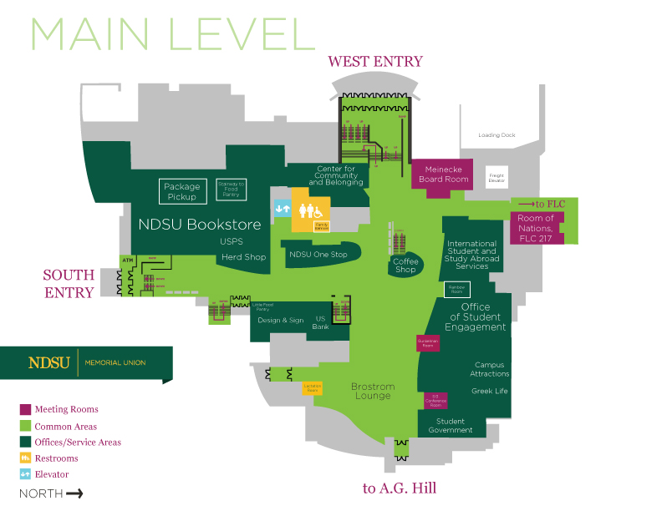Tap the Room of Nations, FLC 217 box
click(x=536, y=227)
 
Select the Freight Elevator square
click(x=497, y=177)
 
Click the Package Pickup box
click(x=181, y=191)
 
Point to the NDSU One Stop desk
click(x=318, y=255)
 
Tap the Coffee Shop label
click(x=405, y=266)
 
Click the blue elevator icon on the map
click(x=282, y=208)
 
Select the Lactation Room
click(x=312, y=388)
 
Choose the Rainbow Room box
click(x=456, y=290)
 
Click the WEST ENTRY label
click(x=375, y=61)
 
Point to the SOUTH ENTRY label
click(x=69, y=283)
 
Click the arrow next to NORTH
click(x=74, y=493)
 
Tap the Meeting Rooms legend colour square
click(x=25, y=410)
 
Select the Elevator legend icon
click(x=25, y=474)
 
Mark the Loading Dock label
click(x=496, y=135)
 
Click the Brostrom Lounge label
click(x=372, y=391)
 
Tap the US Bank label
click(x=320, y=322)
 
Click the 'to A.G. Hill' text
click(x=400, y=488)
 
